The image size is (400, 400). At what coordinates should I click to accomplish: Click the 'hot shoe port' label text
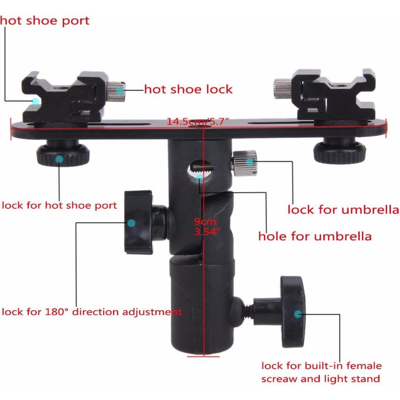click(45, 20)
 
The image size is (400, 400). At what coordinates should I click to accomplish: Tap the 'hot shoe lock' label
click(188, 89)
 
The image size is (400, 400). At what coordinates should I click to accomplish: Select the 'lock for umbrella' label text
click(343, 209)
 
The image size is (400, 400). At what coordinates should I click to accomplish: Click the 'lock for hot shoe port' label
click(59, 206)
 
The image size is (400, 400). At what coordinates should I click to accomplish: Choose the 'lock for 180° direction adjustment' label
click(92, 311)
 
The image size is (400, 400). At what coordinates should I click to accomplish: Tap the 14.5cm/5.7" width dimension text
click(198, 121)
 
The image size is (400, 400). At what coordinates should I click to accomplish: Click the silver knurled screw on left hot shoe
click(116, 91)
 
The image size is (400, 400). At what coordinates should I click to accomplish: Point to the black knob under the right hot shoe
click(340, 151)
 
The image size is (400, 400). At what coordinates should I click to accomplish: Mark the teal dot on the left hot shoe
click(36, 102)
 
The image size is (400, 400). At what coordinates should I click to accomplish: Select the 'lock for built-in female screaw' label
click(321, 372)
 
